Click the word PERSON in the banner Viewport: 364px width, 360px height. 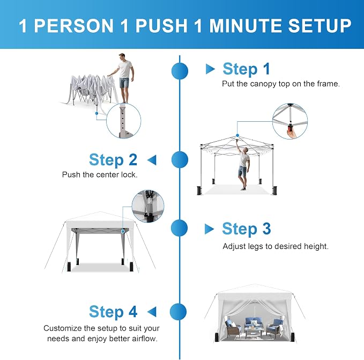click(74, 26)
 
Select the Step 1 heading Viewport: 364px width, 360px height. click(246, 69)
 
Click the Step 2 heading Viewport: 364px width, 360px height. click(113, 160)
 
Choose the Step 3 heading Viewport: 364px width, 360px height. click(247, 229)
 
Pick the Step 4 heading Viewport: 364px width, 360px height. click(113, 312)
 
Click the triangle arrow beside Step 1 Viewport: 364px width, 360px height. click(210, 69)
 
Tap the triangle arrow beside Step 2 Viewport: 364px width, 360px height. click(152, 160)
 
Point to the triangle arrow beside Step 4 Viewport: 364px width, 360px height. click(152, 312)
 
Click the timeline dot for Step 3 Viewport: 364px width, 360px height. click(179, 228)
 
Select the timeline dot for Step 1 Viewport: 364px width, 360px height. click(180, 71)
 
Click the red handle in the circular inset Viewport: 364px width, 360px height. click(290, 128)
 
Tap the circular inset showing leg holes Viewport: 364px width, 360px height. click(123, 121)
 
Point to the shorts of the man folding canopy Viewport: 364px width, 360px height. click(124, 83)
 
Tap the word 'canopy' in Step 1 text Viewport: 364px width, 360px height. click(263, 84)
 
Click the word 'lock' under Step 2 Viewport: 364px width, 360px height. click(130, 175)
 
